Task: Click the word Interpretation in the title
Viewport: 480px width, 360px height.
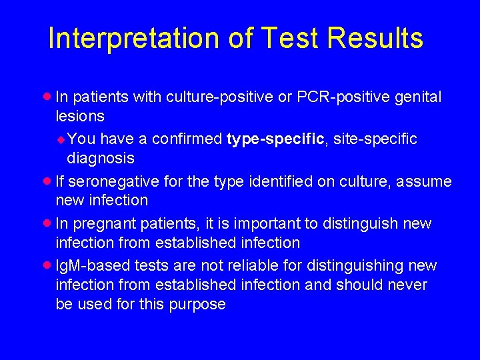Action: tap(134, 39)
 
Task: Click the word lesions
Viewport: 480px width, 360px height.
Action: tap(80, 116)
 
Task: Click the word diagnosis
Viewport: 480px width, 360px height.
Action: tap(100, 158)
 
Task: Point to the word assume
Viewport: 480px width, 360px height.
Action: tap(427, 181)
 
